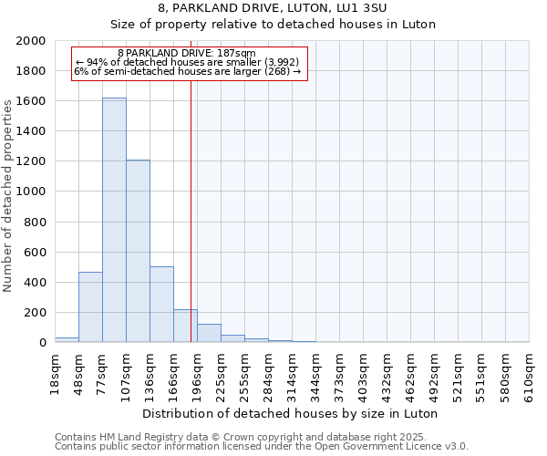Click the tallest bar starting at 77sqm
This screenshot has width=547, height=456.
pyautogui.click(x=114, y=220)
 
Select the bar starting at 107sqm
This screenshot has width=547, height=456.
pyautogui.click(x=138, y=251)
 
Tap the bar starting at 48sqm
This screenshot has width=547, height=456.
pyautogui.click(x=90, y=306)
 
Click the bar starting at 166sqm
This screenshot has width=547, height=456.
pyautogui.click(x=185, y=326)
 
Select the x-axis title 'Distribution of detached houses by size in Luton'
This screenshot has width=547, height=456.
pyautogui.click(x=292, y=413)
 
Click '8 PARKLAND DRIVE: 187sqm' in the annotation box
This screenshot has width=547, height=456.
pyautogui.click(x=187, y=54)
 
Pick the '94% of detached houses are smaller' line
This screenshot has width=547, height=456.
pyautogui.click(x=187, y=62)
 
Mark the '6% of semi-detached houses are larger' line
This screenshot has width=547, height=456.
pyautogui.click(x=187, y=71)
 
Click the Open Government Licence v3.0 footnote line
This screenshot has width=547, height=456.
pyautogui.click(x=262, y=447)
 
